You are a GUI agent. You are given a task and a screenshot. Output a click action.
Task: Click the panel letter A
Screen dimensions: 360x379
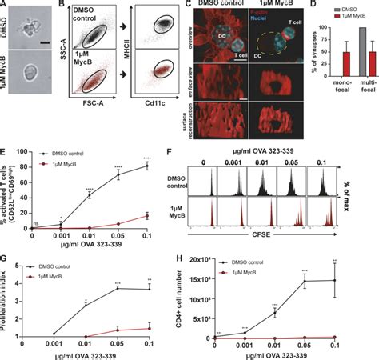6,6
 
